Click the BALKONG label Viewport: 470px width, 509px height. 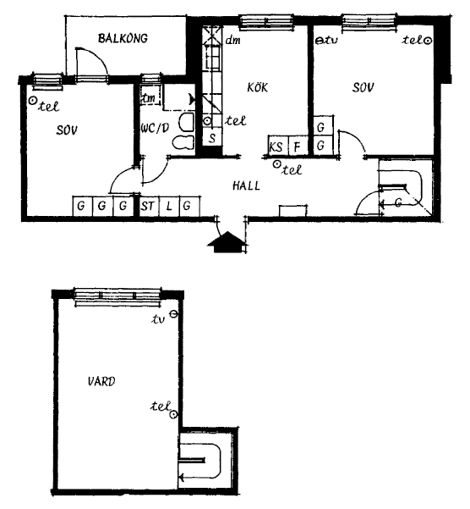click(123, 38)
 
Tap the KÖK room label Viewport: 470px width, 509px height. click(258, 87)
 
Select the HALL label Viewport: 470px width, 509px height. click(246, 185)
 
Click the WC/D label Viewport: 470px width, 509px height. click(155, 128)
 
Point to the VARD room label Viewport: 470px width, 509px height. click(101, 381)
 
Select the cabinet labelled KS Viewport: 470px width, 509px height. click(276, 147)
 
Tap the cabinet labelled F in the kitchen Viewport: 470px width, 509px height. click(298, 147)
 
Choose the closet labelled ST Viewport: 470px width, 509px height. click(149, 206)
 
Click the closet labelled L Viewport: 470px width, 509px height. click(169, 206)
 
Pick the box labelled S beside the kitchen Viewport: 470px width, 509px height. click(212, 139)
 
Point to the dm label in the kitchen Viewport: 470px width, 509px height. click(233, 41)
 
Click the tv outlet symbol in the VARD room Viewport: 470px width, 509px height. click(174, 314)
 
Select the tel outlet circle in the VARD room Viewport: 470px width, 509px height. click(174, 414)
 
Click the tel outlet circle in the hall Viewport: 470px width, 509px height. click(276, 164)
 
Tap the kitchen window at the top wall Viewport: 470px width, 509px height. click(266, 22)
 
